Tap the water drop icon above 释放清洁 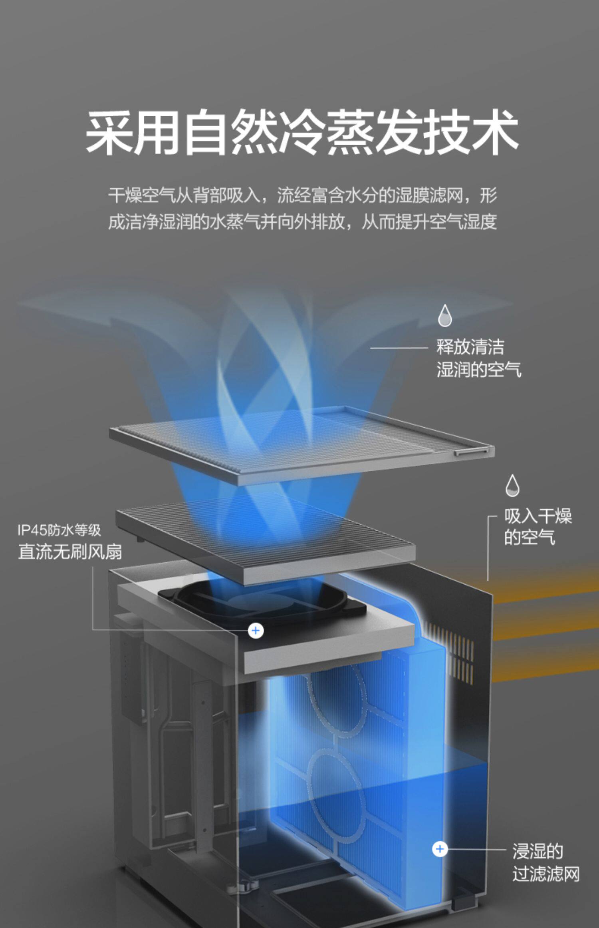coord(444,316)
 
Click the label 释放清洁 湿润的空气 coord(478,358)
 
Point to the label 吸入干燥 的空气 coord(537,527)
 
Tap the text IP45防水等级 coord(59,530)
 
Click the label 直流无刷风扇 coord(70,552)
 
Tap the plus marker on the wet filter coord(440,849)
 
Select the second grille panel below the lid coord(266,538)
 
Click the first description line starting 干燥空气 coord(302,195)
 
